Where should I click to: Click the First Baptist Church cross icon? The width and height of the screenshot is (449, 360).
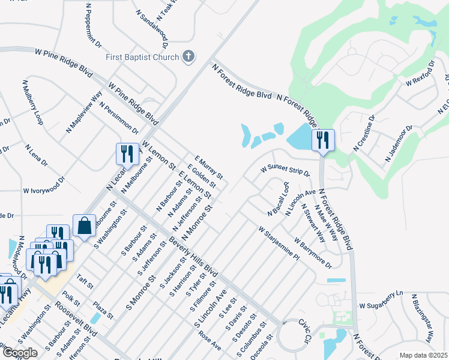(188, 57)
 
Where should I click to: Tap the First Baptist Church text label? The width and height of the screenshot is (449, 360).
(142, 57)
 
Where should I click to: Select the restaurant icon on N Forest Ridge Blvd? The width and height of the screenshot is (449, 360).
(323, 140)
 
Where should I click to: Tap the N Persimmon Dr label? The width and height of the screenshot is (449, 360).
(119, 118)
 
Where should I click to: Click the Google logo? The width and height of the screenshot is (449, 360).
(20, 353)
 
